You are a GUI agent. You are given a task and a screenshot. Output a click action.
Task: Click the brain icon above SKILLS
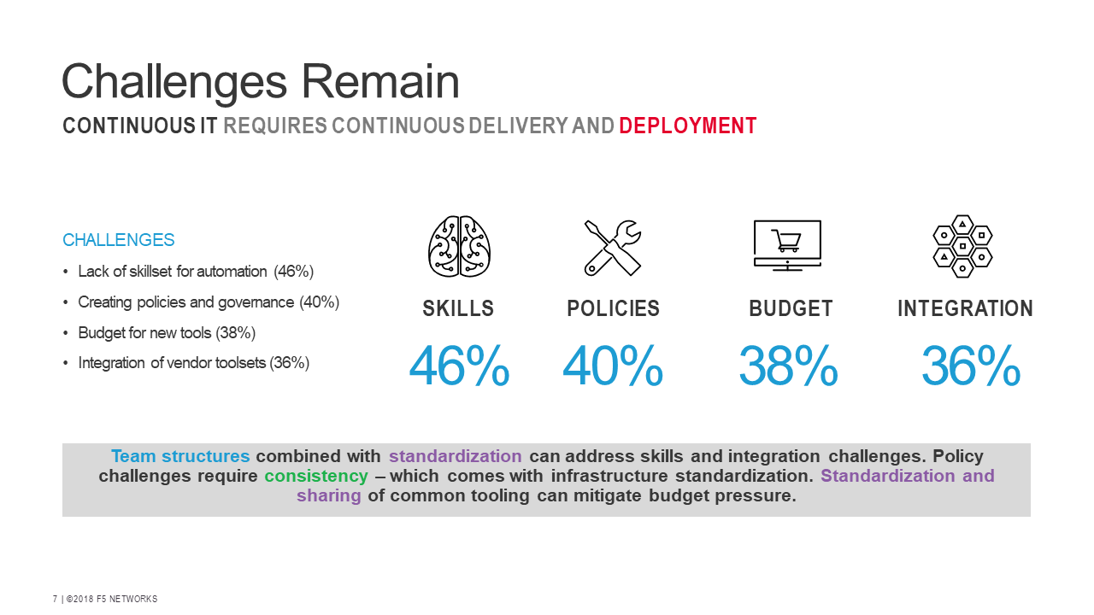459,246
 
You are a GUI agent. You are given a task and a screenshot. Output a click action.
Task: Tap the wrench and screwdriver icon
613,247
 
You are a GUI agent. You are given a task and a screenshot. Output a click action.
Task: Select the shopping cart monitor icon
787,245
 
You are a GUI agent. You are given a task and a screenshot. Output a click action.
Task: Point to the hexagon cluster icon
963,245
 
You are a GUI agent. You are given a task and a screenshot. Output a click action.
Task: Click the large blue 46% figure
459,366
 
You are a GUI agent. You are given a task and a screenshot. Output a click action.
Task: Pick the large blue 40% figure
613,366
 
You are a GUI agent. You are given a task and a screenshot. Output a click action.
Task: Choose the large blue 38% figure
788,366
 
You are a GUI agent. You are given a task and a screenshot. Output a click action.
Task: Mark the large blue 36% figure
971,366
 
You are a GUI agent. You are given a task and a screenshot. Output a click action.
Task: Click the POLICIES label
614,308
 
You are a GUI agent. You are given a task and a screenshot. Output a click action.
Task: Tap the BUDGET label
791,308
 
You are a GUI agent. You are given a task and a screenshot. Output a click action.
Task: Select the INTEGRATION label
965,308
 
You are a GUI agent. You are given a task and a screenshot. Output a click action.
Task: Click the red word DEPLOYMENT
688,126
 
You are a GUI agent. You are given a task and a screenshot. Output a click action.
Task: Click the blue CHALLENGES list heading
119,240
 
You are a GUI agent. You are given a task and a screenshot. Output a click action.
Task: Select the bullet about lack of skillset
196,272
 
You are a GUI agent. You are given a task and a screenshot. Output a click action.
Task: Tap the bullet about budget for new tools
167,332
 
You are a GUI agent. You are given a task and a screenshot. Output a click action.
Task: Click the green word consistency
316,476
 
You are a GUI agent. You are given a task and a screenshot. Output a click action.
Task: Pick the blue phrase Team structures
180,456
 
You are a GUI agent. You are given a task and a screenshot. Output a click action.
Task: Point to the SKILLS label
458,308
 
